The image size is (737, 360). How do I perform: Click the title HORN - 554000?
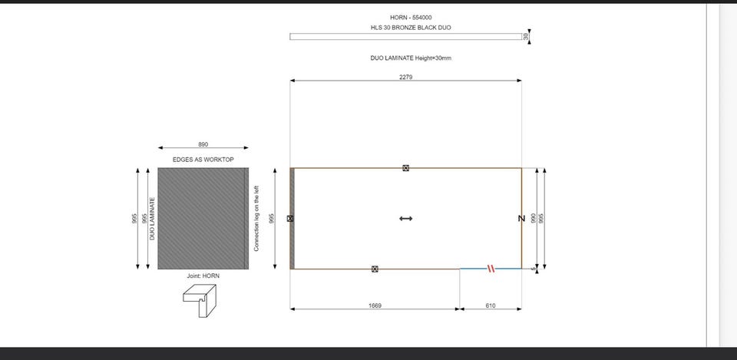[x=410, y=18]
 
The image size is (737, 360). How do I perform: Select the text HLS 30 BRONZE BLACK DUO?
[x=410, y=28]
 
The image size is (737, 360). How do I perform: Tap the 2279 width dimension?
[x=405, y=77]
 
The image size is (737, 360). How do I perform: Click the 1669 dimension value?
[x=375, y=306]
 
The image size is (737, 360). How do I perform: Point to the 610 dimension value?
[x=491, y=306]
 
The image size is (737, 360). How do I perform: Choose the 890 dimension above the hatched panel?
[x=203, y=144]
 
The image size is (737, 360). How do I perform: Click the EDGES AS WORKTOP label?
[x=203, y=160]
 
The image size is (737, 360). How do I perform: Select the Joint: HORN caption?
[x=203, y=276]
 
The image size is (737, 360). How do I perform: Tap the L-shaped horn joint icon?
[x=200, y=301]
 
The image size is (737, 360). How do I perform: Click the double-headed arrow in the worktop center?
[x=405, y=219]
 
